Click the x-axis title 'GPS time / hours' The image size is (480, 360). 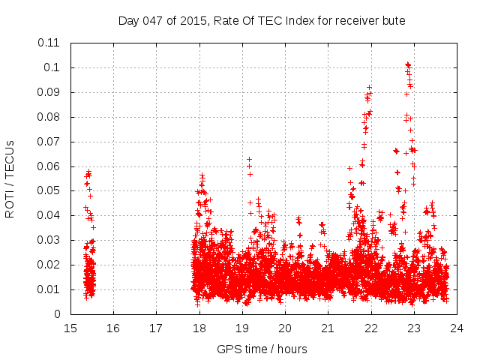(x=262, y=349)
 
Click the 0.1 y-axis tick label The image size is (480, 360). (x=54, y=67)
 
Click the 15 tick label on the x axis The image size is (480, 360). (x=70, y=328)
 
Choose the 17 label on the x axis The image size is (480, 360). (x=156, y=328)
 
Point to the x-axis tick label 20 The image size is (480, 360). (x=285, y=328)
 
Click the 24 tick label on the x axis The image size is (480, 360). (x=456, y=328)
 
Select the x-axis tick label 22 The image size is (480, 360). (x=370, y=328)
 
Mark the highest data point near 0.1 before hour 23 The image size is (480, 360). (x=407, y=64)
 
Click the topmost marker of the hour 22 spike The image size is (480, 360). (x=369, y=87)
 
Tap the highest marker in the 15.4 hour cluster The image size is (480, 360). (x=88, y=172)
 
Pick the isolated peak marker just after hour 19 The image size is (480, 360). (x=250, y=159)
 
